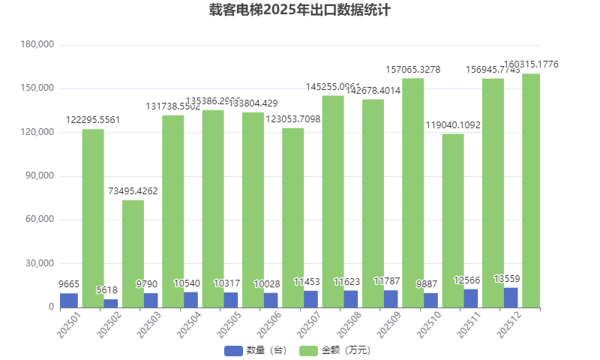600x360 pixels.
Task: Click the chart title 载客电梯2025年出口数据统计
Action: pyautogui.click(x=300, y=10)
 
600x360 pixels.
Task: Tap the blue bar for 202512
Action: pyautogui.click(x=511, y=298)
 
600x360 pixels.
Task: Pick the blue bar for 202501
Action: pyautogui.click(x=69, y=300)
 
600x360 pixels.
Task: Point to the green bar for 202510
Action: pyautogui.click(x=453, y=220)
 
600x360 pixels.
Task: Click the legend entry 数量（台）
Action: pyautogui.click(x=256, y=350)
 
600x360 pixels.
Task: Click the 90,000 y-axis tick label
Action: pyautogui.click(x=39, y=176)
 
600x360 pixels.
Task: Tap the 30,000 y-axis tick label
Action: pyautogui.click(x=39, y=264)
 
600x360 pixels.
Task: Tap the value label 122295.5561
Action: pyautogui.click(x=93, y=120)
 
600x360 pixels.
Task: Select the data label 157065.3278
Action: pyautogui.click(x=412, y=70)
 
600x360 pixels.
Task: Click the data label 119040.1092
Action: pyautogui.click(x=453, y=125)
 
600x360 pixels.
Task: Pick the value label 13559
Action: pyautogui.click(x=507, y=279)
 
